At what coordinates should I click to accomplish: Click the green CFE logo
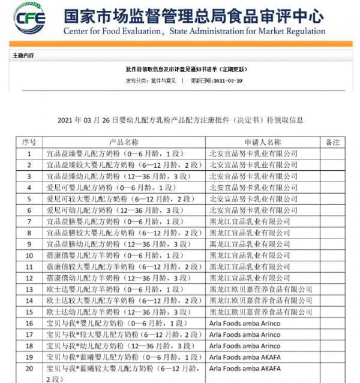point(30,19)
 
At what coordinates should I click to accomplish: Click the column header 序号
point(29,143)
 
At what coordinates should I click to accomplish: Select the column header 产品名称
point(124,143)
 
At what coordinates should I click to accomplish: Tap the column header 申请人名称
point(262,143)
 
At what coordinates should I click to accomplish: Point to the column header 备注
point(332,143)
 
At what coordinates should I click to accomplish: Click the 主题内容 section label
point(23,55)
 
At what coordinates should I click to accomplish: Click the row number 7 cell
point(29,222)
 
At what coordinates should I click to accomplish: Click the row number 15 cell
point(29,312)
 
